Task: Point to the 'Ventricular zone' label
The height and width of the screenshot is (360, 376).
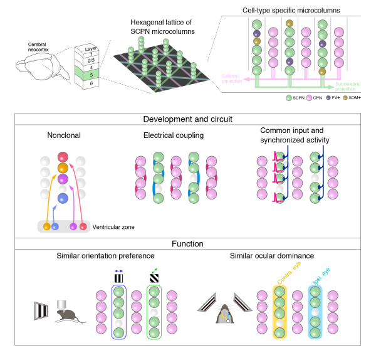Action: pos(113,226)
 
